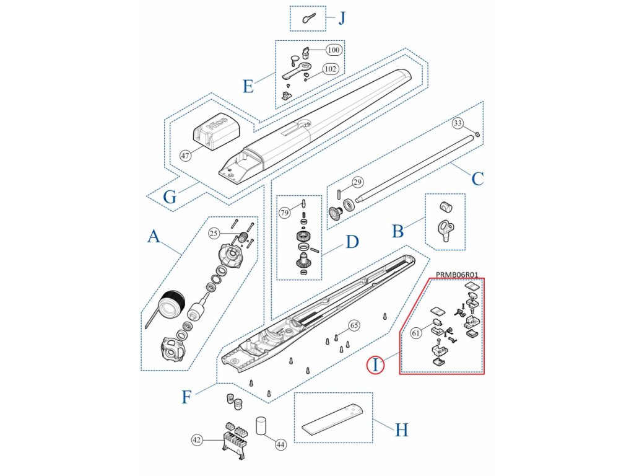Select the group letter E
tap(248, 86)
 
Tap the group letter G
tap(170, 197)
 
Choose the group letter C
tap(477, 179)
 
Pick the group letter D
tap(352, 242)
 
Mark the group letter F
tap(186, 397)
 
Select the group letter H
tap(402, 430)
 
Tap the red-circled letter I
tap(375, 365)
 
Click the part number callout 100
tap(333, 50)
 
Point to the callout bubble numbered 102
tap(331, 69)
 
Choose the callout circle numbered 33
tap(458, 123)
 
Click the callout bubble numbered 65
tap(354, 325)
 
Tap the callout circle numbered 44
tap(280, 444)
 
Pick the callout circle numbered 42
tap(197, 439)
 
